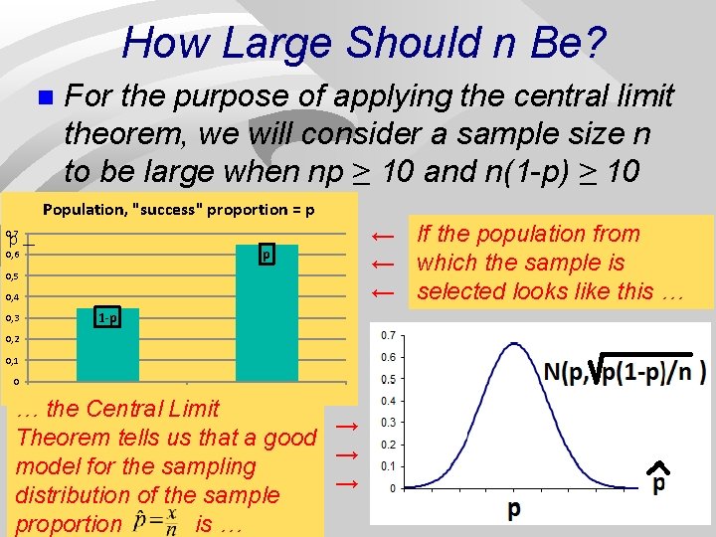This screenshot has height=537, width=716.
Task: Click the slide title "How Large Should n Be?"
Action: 364,43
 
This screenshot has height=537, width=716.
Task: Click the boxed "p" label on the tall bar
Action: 267,255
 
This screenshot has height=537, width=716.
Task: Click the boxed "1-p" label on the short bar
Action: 108,318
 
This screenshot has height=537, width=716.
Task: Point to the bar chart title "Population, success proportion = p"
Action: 179,210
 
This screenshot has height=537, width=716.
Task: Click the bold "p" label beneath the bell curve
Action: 514,509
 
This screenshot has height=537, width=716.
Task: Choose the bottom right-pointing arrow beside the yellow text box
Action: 346,483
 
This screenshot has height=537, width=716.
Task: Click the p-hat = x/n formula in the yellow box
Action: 159,523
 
